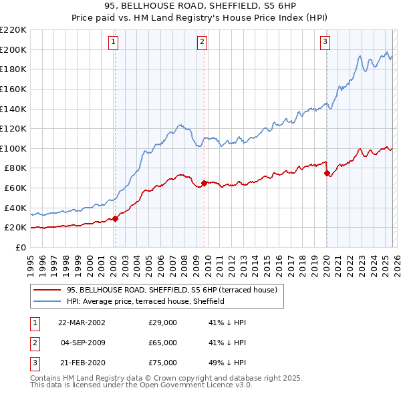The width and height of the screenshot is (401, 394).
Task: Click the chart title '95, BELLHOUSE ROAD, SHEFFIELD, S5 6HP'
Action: click(200, 7)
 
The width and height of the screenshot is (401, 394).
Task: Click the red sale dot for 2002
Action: click(115, 218)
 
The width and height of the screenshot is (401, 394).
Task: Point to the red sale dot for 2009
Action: click(203, 182)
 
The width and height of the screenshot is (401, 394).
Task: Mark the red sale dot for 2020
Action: click(327, 173)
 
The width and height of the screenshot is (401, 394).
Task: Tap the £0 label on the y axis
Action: click(20, 247)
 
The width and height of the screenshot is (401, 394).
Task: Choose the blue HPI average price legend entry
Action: click(145, 301)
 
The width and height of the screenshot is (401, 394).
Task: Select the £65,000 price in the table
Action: click(162, 343)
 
